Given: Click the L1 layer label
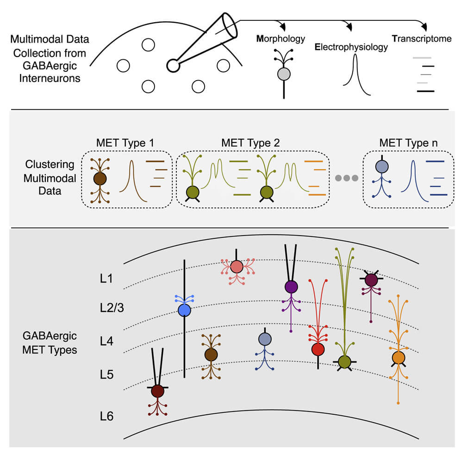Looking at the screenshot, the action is (106, 279).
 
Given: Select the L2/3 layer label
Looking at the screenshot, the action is (112, 308).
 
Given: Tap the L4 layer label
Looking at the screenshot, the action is (106, 341).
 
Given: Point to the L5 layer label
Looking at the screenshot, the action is (106, 374).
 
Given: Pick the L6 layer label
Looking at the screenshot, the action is (106, 416).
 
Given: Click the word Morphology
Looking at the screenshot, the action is (280, 39).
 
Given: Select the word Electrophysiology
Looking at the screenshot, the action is (351, 47).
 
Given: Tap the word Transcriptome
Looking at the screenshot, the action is (422, 38).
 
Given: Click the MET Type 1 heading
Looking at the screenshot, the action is (125, 143).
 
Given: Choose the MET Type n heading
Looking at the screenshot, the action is (408, 143).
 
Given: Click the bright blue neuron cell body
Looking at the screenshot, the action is (184, 310).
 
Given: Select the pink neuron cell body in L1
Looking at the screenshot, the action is (237, 267).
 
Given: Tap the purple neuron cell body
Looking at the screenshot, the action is (291, 287).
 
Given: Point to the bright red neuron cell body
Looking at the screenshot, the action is (318, 349).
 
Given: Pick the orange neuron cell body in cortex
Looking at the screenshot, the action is (399, 358).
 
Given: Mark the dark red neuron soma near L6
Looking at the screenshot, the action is (157, 391).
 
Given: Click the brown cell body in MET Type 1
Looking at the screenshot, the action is (100, 179).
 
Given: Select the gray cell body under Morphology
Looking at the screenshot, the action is (284, 74).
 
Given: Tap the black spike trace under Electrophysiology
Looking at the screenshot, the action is (356, 75).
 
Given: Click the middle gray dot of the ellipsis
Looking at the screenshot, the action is (347, 178).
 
